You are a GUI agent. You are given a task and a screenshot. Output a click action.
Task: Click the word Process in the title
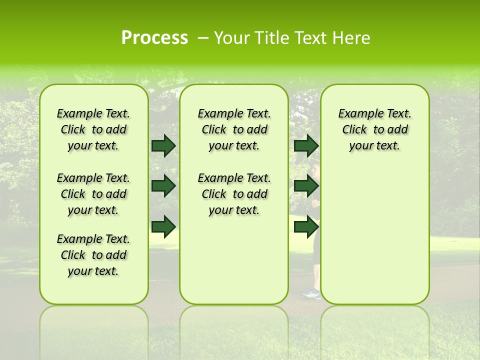(x=154, y=37)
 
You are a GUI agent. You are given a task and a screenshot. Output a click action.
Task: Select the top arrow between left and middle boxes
(x=163, y=145)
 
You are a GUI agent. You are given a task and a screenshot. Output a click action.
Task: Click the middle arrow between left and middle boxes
(x=163, y=186)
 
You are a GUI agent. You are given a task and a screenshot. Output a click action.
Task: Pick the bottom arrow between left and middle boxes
(x=163, y=226)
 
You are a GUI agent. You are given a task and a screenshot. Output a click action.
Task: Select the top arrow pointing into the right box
(x=306, y=145)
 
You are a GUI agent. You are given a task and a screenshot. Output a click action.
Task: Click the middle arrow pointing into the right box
(x=306, y=186)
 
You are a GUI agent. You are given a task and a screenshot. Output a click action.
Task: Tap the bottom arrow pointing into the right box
(x=306, y=226)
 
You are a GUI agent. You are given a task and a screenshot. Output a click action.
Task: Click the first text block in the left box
(x=93, y=129)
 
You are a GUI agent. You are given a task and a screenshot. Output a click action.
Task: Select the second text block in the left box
(x=93, y=194)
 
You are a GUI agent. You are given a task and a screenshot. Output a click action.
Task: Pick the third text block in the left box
(x=93, y=255)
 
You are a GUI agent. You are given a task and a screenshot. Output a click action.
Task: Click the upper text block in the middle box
(x=234, y=129)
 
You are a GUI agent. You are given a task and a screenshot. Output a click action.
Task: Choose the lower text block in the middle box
(x=234, y=194)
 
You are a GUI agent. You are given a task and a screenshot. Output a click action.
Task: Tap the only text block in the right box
(x=374, y=129)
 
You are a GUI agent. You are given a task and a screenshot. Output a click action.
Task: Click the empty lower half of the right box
(x=374, y=240)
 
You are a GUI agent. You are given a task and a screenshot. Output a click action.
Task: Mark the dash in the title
(x=203, y=37)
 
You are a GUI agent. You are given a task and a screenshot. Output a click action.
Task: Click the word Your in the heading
(x=231, y=38)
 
